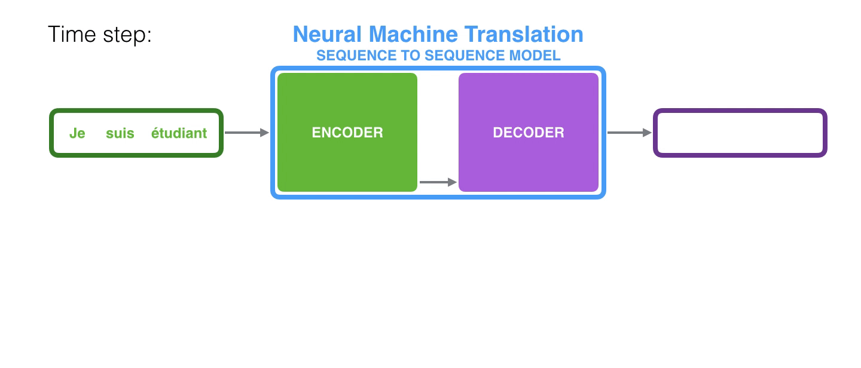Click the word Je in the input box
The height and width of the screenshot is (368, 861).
click(x=77, y=133)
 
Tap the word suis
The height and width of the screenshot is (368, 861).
click(x=120, y=133)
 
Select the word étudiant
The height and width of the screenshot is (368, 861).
click(x=179, y=133)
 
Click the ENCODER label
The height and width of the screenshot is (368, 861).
click(x=347, y=133)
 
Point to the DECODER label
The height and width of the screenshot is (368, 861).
click(x=529, y=133)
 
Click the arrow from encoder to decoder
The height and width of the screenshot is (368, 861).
click(x=438, y=182)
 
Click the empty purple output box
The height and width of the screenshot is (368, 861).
click(x=740, y=133)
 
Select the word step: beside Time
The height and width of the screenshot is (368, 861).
click(x=126, y=35)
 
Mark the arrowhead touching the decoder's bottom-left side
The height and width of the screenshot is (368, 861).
click(x=452, y=182)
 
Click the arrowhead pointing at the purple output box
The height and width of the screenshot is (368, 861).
click(x=647, y=133)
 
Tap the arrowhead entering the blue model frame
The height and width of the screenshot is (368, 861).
click(x=264, y=133)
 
